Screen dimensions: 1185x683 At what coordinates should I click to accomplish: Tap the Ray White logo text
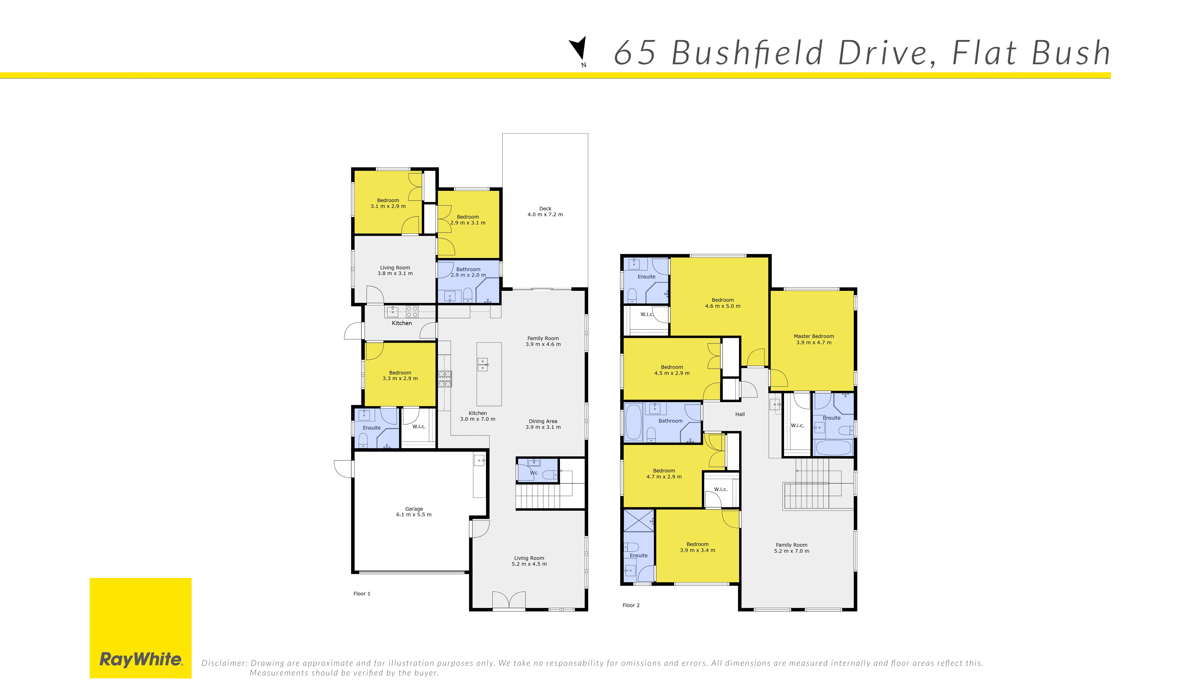pyautogui.click(x=141, y=660)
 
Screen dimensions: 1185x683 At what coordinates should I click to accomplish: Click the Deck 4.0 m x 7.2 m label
pyautogui.click(x=545, y=211)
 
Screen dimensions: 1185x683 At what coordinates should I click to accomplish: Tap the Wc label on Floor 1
pyautogui.click(x=534, y=473)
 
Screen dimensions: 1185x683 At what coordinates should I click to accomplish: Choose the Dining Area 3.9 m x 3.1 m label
pyautogui.click(x=543, y=424)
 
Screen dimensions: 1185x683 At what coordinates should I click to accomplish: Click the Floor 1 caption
pyautogui.click(x=362, y=594)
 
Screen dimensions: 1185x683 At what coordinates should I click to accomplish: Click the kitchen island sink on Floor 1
pyautogui.click(x=483, y=365)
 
